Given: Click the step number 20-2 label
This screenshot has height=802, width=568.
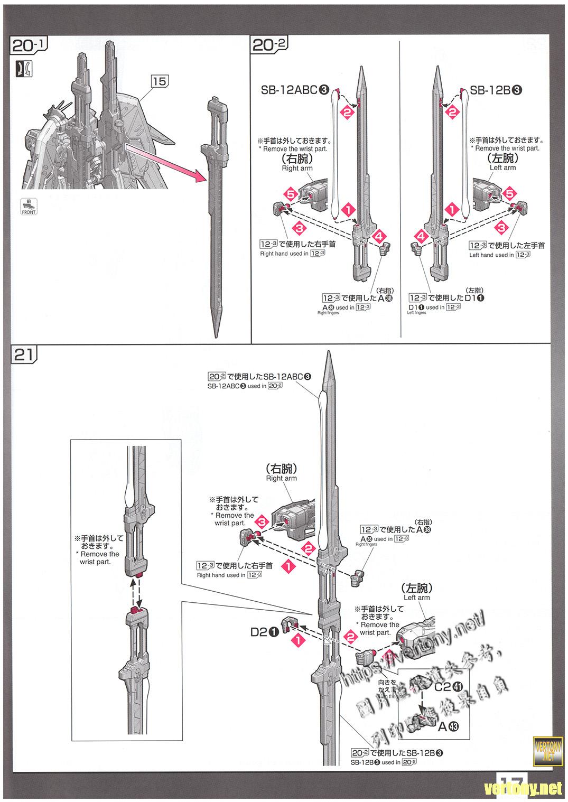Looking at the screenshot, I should coord(269,46).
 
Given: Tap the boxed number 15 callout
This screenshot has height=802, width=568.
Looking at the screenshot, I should coord(160,81).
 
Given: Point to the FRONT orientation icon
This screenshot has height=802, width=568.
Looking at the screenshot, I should coord(29,207).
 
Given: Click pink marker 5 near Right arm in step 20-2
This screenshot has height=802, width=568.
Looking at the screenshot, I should coord(290,194).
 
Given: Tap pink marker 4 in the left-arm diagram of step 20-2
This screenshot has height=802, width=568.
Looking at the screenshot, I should coord(421,236).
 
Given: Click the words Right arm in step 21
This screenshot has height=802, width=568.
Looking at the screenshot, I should coord(282,478).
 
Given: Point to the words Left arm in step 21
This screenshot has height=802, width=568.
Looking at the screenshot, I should coord(417,598).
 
